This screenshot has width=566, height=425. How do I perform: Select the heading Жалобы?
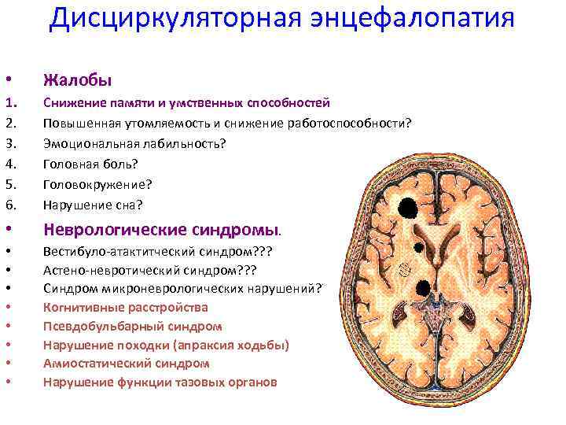(x=78, y=79)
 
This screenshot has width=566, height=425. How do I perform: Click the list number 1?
(x=10, y=103)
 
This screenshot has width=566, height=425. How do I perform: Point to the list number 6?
(x=10, y=204)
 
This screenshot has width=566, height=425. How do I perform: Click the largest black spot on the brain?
(x=408, y=207)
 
